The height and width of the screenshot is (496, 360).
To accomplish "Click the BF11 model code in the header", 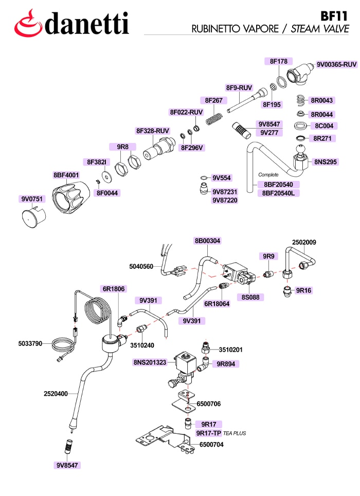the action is [x=334, y=16].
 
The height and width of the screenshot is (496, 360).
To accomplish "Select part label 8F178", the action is [x=279, y=61].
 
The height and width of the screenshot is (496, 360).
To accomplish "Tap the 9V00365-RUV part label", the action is [x=336, y=65].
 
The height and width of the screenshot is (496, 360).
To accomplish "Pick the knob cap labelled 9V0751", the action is [x=33, y=217].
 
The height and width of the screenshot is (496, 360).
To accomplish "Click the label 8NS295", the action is [x=326, y=162].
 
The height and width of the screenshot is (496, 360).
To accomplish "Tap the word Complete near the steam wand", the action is [x=268, y=175].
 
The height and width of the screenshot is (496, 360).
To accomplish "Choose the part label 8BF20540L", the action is [x=278, y=193].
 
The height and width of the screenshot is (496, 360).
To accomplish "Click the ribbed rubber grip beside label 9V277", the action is [x=243, y=130].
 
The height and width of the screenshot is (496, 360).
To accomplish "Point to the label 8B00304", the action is [x=207, y=241].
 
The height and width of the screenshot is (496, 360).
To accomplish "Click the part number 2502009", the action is [x=304, y=242].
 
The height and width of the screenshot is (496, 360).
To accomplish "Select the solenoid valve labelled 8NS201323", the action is [x=183, y=370].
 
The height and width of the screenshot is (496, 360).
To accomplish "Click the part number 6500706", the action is [x=209, y=403].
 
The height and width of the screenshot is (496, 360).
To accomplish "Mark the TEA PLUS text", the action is [x=235, y=433].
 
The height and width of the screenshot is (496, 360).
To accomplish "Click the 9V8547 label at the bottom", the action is [x=67, y=465].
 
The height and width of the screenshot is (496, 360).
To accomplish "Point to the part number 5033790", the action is [x=30, y=343].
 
